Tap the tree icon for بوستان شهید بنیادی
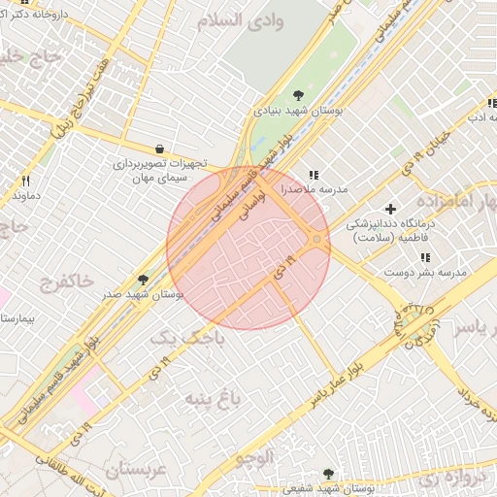[x=297, y=94]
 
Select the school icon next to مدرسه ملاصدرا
[x=313, y=176]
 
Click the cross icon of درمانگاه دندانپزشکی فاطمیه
[x=391, y=209]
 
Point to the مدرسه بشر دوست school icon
[x=425, y=257]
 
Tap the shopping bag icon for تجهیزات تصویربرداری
[x=158, y=149]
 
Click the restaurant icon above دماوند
[x=26, y=181]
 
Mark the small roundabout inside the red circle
[x=317, y=240]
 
